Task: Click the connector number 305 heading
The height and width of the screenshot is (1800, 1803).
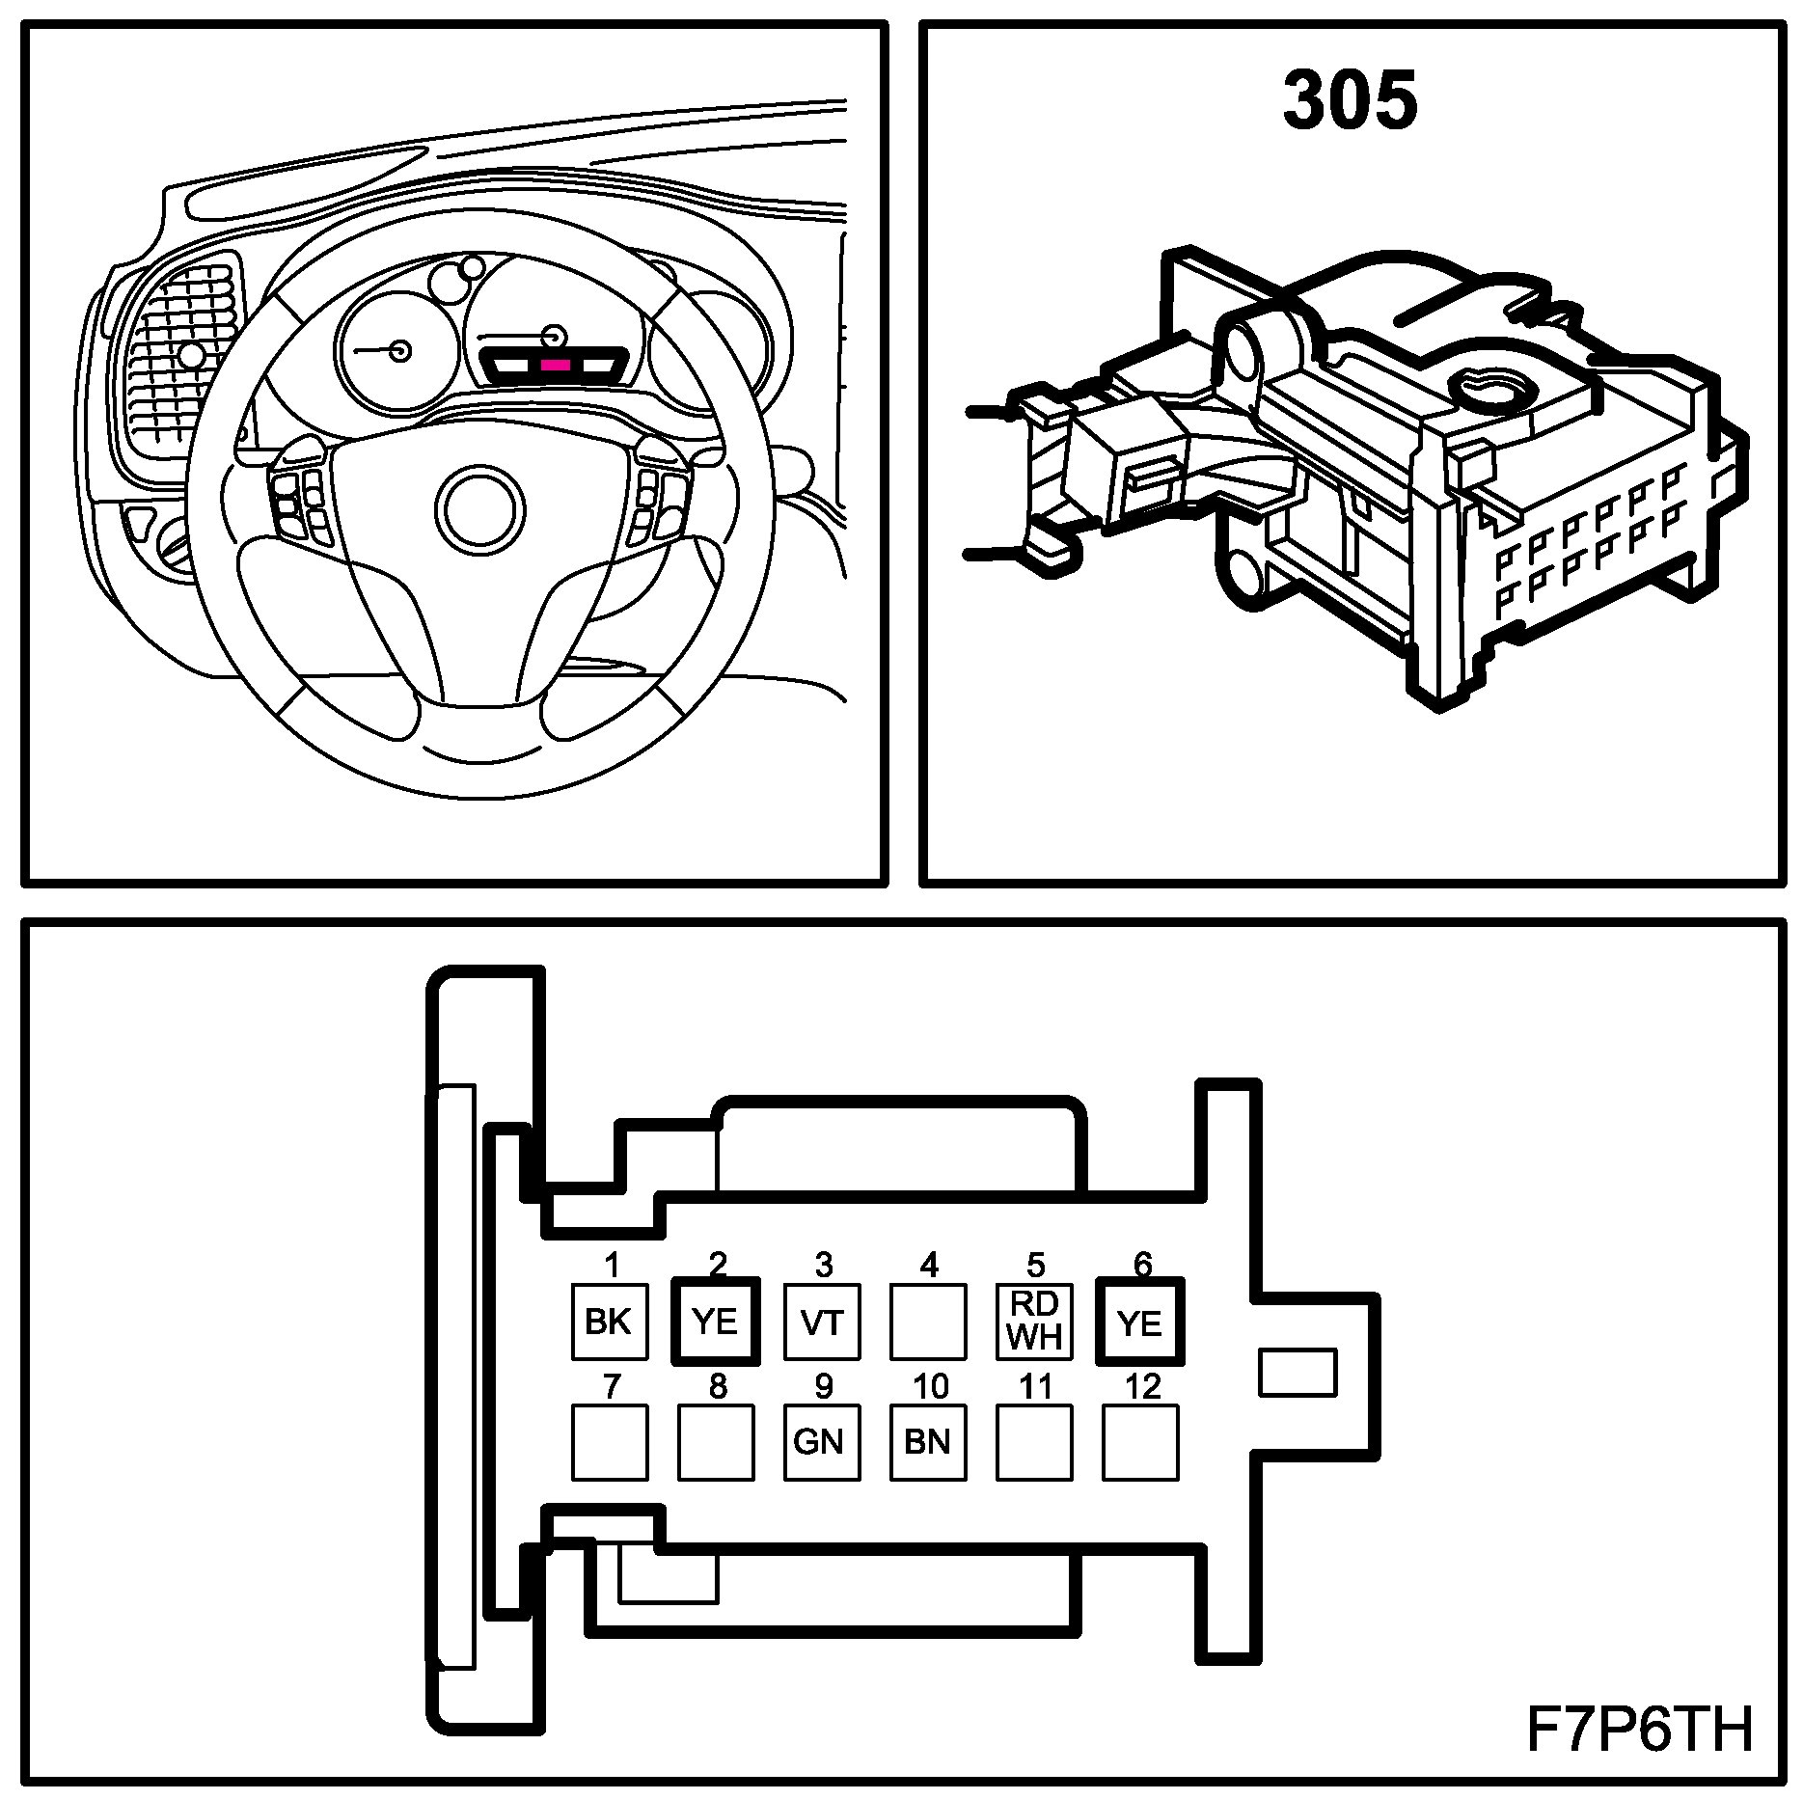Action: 1350,101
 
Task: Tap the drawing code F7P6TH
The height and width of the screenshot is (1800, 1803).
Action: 1639,1730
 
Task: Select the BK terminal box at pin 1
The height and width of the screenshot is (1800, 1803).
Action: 609,1322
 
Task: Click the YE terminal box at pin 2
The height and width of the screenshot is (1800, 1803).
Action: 716,1322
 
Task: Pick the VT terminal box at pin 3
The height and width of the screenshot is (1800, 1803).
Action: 822,1322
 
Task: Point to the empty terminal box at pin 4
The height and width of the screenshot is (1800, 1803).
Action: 928,1322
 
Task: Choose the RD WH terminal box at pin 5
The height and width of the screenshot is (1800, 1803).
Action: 1034,1322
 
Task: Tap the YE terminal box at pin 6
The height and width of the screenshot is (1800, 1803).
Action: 1140,1322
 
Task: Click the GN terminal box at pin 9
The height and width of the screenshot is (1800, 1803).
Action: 822,1442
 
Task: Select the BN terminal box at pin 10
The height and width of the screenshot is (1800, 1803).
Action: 928,1442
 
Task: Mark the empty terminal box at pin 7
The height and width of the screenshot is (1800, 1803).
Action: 609,1442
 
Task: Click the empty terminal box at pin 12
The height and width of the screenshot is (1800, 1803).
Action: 1140,1442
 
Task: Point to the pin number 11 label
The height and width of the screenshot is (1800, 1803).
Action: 1035,1386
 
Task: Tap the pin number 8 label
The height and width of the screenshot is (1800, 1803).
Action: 717,1386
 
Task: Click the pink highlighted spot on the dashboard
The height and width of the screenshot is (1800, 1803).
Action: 556,366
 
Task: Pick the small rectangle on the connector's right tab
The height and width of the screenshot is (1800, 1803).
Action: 1298,1372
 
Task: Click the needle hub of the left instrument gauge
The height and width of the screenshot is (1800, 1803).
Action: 399,350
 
